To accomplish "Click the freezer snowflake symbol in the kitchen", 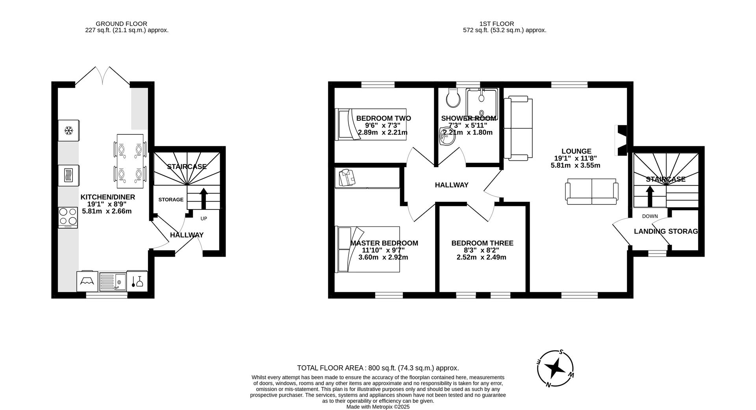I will (69, 131).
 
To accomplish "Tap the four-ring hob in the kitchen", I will (68, 217).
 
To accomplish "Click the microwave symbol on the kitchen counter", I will (69, 175).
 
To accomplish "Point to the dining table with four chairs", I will (130, 161).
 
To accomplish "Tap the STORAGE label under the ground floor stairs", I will (171, 200).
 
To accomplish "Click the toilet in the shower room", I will (453, 98).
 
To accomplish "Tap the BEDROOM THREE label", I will (482, 243).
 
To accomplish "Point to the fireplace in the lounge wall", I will (621, 141).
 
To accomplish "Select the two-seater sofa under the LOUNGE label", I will (591, 191).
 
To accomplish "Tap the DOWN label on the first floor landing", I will (650, 216).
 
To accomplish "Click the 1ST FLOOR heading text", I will (497, 24).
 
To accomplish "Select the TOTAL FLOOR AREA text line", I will (378, 368).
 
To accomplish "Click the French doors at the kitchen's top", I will (102, 77).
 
